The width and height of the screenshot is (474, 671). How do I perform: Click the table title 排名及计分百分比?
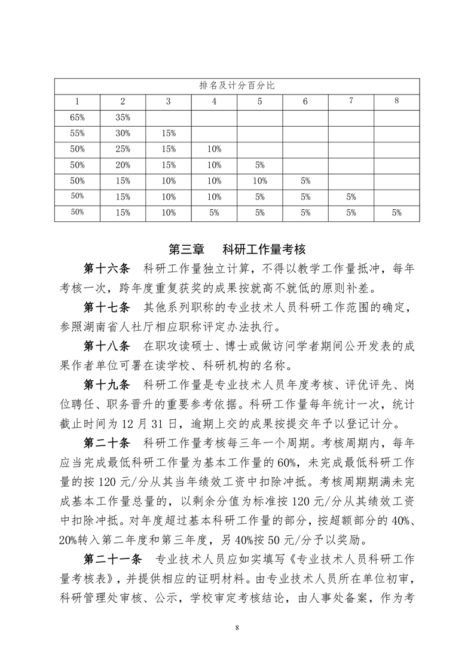[237, 86]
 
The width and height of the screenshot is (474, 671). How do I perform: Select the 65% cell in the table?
[77, 117]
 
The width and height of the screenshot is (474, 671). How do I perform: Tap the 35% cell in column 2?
[123, 117]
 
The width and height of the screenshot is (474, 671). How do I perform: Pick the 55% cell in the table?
[77, 133]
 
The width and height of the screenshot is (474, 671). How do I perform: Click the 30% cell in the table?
[123, 133]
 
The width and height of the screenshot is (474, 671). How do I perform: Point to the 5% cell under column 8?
[396, 212]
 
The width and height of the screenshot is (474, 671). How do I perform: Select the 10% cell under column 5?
[259, 180]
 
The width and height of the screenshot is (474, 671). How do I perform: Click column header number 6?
[305, 102]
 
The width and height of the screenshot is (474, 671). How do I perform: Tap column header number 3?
[168, 102]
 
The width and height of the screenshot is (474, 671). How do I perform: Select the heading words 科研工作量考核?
[264, 248]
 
